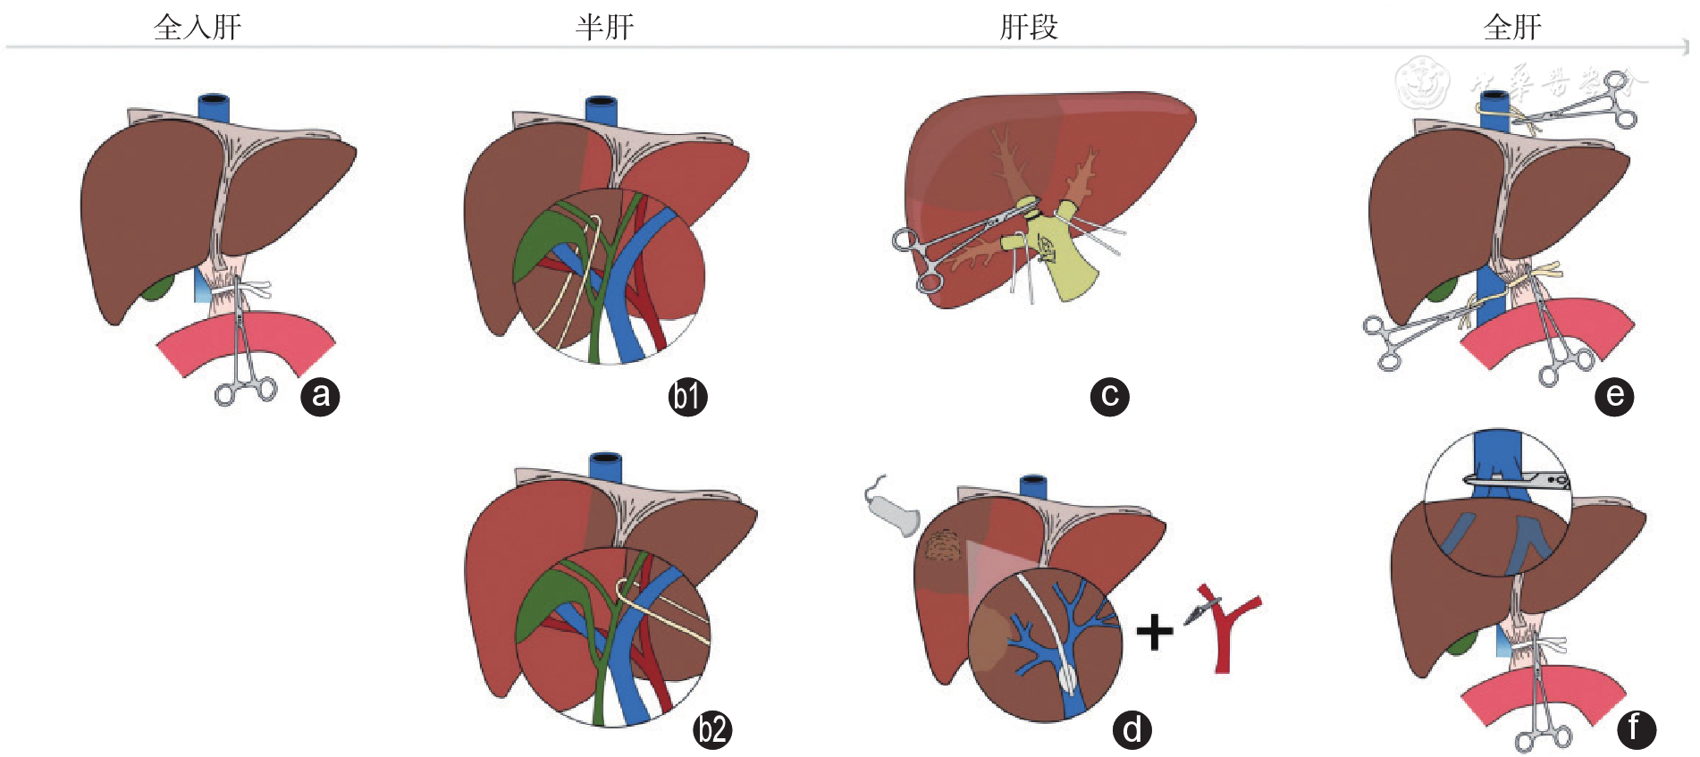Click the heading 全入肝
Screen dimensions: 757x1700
pos(198,27)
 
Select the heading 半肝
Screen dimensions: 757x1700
pos(604,27)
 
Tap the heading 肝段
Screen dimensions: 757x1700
pos(1028,27)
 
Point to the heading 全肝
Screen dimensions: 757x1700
pos(1512,27)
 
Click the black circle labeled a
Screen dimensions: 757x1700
pos(320,396)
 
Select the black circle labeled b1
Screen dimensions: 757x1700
pos(687,396)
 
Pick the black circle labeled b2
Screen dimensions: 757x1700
pos(712,729)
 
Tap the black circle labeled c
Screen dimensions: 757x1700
pos(1109,396)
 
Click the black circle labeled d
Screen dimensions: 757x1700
pos(1132,729)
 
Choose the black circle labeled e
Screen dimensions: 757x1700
pos(1614,396)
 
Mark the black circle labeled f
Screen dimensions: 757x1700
pos(1636,728)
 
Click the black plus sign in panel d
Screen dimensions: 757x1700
pos(1155,631)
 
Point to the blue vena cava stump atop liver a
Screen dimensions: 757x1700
pos(214,106)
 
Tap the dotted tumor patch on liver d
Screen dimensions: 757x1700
pos(942,546)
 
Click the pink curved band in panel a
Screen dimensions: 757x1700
pos(246,340)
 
